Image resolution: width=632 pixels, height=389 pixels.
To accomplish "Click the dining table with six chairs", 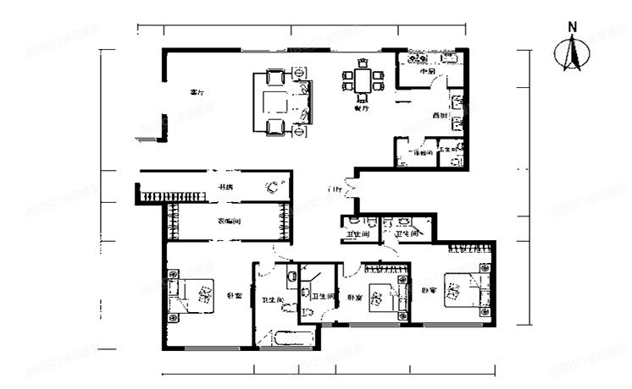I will tap(363, 79).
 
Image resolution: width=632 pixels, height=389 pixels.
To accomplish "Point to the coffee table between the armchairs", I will tap(275, 102).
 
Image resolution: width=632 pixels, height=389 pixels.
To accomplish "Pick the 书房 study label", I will tap(225, 186).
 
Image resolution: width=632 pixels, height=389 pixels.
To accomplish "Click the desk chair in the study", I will tap(273, 187).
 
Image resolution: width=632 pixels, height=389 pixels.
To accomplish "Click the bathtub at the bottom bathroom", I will tap(291, 341).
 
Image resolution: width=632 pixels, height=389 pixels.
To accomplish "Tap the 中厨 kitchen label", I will tap(428, 72).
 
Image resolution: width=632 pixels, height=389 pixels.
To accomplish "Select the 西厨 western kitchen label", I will tap(438, 116).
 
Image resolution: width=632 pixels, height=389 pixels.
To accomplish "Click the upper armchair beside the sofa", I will tap(275, 77).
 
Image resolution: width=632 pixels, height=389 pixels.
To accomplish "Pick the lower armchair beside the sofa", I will tap(275, 128).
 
